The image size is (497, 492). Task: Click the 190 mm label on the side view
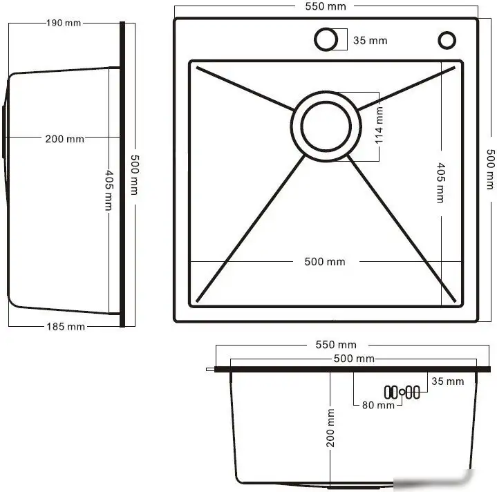[64, 23]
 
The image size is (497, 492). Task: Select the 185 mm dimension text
[66, 326]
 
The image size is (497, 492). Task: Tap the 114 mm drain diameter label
[379, 126]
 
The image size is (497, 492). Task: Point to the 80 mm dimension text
[378, 405]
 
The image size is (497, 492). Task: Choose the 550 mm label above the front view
[335, 344]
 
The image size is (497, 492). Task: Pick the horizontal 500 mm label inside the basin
[324, 262]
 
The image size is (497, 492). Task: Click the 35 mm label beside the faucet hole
[370, 40]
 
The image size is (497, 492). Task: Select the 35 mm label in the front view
[447, 381]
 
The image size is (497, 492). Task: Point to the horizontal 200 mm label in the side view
[64, 139]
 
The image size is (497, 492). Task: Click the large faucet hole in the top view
[326, 39]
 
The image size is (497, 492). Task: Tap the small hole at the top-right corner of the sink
[447, 40]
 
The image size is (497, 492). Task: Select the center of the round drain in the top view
[326, 126]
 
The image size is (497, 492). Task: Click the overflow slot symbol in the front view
[402, 392]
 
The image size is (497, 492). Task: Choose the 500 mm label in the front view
[354, 359]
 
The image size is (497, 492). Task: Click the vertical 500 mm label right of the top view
[489, 170]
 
